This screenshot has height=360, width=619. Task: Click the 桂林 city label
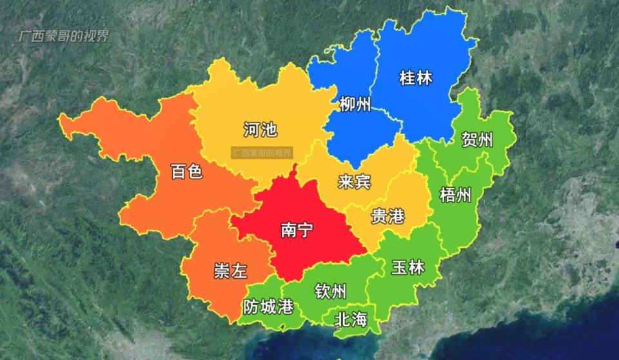coord(415,79)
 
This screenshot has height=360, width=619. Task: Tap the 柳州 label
coord(355,103)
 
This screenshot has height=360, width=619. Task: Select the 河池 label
coord(260,130)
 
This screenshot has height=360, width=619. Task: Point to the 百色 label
coord(187,172)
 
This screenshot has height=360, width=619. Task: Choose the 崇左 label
coord(230,271)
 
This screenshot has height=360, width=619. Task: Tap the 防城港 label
coord(268,306)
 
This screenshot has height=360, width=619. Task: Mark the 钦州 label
coord(331,292)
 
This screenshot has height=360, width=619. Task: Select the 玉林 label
coord(408,267)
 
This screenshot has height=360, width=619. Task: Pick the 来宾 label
coord(354,182)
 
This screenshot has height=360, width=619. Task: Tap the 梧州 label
coord(455,195)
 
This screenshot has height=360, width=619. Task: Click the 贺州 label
coord(477,139)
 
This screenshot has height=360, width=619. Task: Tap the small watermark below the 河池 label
coord(261,153)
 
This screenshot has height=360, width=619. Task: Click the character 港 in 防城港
coord(284,306)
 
